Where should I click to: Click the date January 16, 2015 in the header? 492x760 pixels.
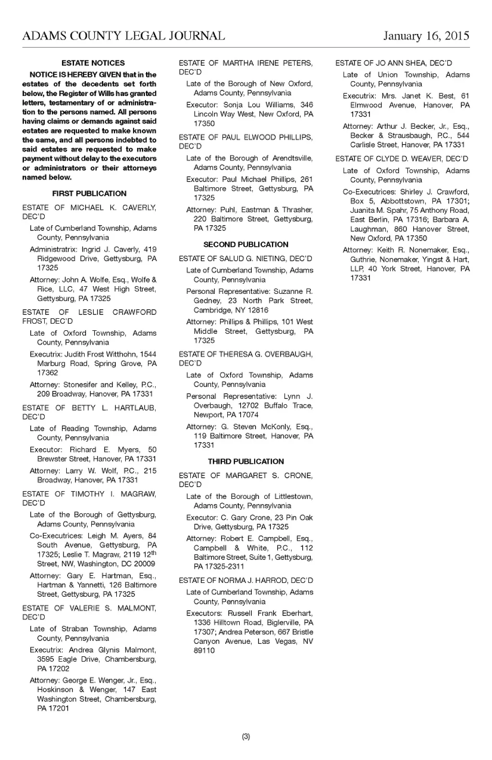click(x=426, y=36)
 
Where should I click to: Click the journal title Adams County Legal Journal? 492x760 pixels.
click(x=123, y=36)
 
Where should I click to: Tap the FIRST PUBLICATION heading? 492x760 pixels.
click(x=89, y=193)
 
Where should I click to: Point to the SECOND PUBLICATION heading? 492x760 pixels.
click(x=246, y=244)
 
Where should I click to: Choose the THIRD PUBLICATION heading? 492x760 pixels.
click(x=246, y=461)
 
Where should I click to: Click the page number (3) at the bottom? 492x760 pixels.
click(x=246, y=736)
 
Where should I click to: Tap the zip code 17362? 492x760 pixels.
click(x=48, y=373)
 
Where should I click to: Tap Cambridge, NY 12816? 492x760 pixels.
click(x=231, y=310)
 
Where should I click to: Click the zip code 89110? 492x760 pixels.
click(x=204, y=651)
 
